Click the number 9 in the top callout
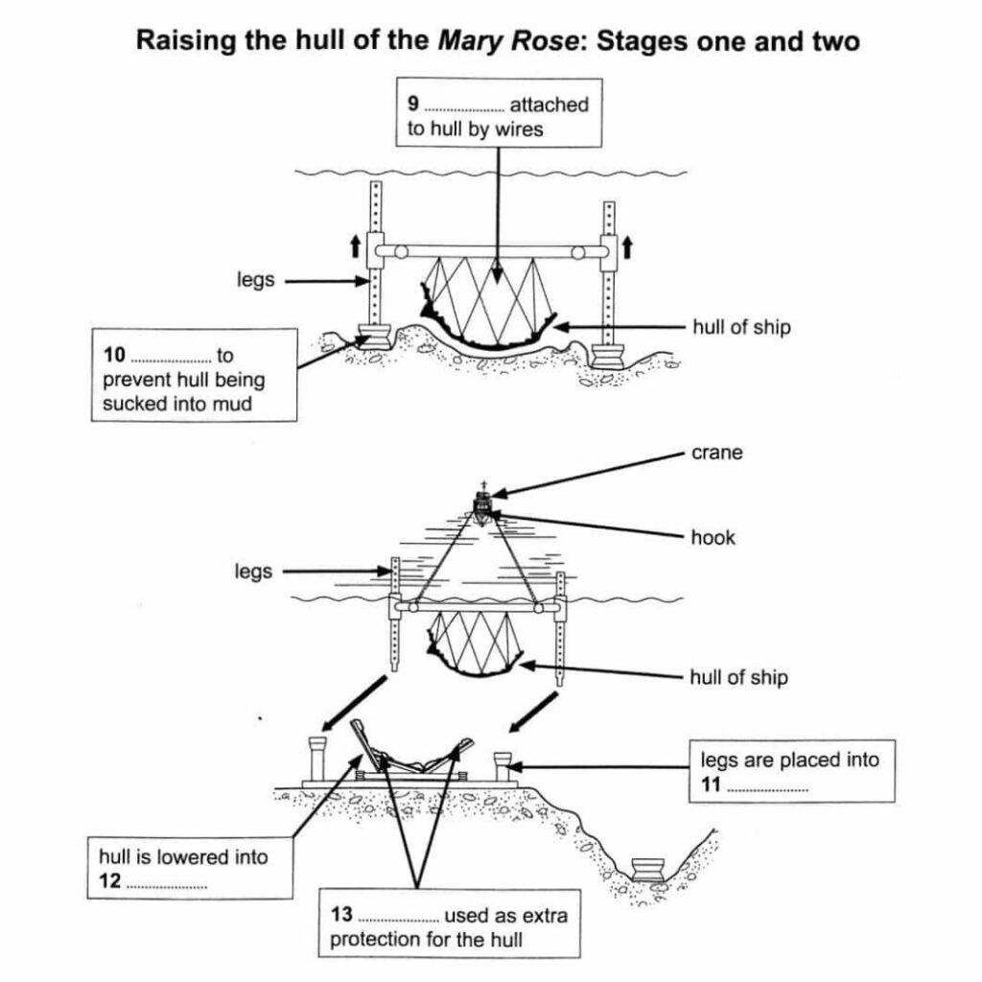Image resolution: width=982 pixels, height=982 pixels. click(413, 105)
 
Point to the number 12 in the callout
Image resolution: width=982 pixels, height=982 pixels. click(109, 881)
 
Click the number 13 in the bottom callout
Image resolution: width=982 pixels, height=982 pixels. click(340, 916)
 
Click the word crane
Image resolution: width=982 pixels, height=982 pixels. click(716, 453)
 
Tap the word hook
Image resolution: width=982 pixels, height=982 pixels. click(713, 537)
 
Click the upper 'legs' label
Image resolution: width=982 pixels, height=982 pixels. click(256, 281)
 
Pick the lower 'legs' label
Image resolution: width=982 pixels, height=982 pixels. click(253, 572)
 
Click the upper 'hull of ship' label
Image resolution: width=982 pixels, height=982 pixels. click(741, 327)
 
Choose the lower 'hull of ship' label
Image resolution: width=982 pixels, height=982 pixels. click(738, 677)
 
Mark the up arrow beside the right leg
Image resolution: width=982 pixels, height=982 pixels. click(628, 247)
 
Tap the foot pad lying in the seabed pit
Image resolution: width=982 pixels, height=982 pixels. click(652, 869)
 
